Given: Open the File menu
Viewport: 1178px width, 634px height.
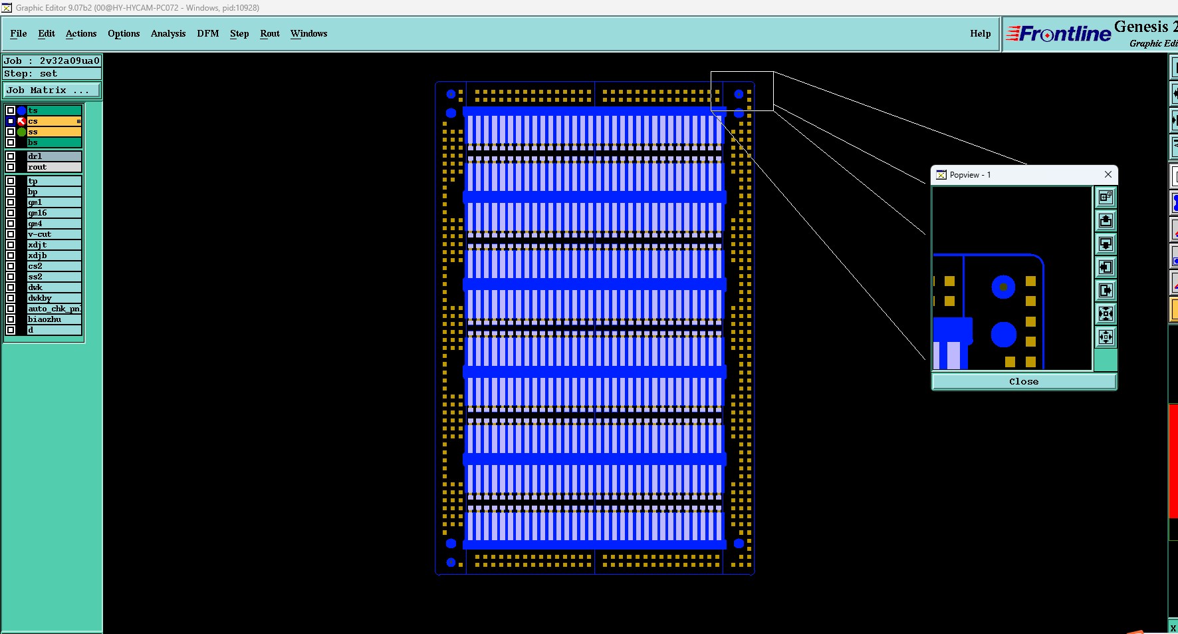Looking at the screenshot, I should [x=19, y=33].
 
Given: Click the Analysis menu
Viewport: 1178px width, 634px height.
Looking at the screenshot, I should [x=168, y=33].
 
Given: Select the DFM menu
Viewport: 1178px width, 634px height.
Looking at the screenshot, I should [x=207, y=33].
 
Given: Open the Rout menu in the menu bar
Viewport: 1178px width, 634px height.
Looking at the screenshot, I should [x=269, y=33].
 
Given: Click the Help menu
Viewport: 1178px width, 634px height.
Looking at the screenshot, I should [x=980, y=33].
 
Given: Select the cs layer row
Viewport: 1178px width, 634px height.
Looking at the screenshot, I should [x=53, y=121].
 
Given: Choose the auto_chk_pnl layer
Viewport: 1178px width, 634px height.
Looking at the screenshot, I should [x=53, y=309].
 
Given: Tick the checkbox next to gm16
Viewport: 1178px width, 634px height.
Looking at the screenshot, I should [x=11, y=213].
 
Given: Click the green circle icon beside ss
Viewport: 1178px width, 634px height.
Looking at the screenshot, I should [x=22, y=132].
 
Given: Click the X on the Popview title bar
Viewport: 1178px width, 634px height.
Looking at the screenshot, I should [x=1108, y=174].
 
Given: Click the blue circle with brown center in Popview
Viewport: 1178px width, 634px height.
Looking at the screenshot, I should [x=1003, y=287].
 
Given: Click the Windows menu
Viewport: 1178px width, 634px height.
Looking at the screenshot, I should [x=308, y=33].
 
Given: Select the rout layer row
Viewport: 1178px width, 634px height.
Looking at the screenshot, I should [x=53, y=167].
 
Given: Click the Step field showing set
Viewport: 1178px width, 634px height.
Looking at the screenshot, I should [x=52, y=74].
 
